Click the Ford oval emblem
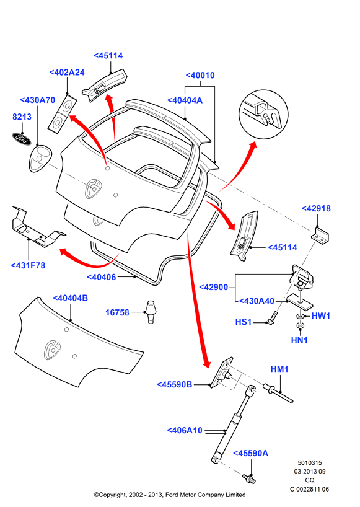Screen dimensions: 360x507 click(22, 139)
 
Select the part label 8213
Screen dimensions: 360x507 click(22, 117)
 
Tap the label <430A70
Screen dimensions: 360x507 click(37, 100)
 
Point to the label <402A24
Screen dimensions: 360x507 click(67, 73)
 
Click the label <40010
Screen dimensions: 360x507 click(200, 76)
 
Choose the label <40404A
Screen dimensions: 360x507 click(185, 100)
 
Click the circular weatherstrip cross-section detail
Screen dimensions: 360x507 click(263, 115)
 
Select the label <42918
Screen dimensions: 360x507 click(316, 208)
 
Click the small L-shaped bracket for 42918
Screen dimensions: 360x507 click(320, 235)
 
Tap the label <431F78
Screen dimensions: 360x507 click(28, 265)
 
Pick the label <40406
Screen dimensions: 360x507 click(102, 277)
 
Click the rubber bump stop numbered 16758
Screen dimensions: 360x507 click(151, 312)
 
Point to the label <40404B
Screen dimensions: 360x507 click(70, 298)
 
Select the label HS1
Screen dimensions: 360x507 click(244, 322)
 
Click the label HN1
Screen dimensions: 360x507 click(299, 340)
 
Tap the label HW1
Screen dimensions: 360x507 click(321, 316)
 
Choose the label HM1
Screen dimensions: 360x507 click(279, 369)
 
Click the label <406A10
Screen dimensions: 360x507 click(185, 431)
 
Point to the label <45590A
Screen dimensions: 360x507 click(251, 453)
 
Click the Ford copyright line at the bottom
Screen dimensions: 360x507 click(170, 495)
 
